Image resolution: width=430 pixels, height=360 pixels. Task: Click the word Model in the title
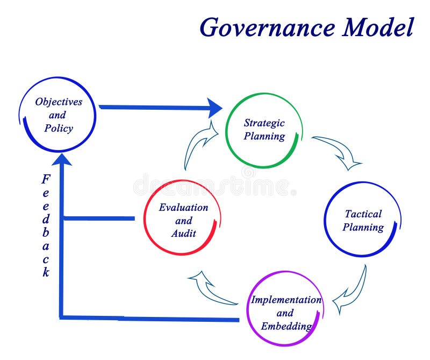click(379, 27)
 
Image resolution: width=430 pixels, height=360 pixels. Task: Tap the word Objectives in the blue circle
click(59, 101)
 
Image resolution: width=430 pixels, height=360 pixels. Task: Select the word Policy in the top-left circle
click(59, 129)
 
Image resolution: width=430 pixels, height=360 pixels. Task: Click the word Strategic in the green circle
click(264, 123)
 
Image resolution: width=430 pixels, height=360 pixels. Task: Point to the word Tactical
click(363, 214)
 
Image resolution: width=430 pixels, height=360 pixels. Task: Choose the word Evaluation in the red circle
click(183, 207)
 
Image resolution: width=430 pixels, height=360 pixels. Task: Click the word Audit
click(183, 233)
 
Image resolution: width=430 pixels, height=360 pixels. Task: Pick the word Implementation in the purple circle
click(286, 300)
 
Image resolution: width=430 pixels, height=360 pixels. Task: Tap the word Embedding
click(286, 326)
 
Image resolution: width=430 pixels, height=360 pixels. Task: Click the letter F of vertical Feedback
click(46, 179)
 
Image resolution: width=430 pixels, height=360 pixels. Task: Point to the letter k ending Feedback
click(46, 272)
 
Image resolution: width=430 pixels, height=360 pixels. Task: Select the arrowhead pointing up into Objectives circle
click(63, 159)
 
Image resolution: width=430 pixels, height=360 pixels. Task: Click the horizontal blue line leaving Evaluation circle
click(99, 218)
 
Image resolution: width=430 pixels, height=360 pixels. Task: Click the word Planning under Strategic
click(264, 136)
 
